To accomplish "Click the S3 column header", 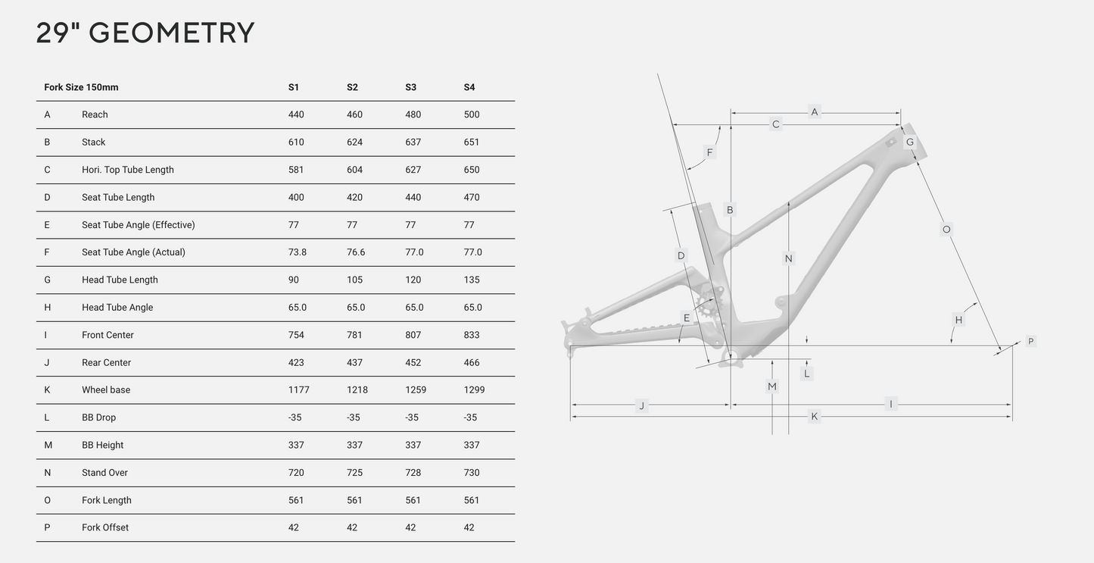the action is click(411, 87).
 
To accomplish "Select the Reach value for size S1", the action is click(296, 114).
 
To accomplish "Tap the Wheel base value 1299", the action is click(474, 390).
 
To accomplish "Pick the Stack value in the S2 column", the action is click(354, 142).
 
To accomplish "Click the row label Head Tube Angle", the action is click(117, 308).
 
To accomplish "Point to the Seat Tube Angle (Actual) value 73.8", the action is click(298, 252).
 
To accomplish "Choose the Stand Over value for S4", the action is click(472, 473).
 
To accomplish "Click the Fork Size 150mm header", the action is click(81, 87).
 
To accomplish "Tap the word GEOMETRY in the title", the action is click(171, 33).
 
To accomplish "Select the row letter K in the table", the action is click(48, 390).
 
